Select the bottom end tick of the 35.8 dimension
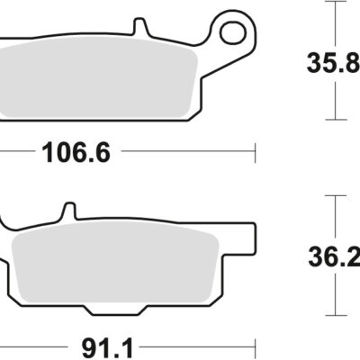pyautogui.click(x=336, y=120)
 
